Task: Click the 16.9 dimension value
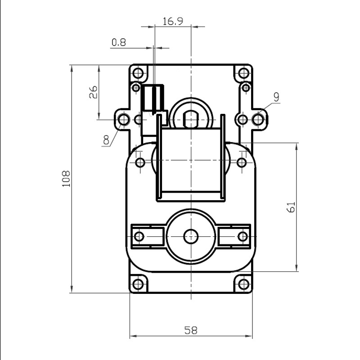click(x=173, y=21)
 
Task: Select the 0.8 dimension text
click(x=119, y=42)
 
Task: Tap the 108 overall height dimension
click(x=66, y=179)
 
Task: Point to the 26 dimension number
click(x=93, y=92)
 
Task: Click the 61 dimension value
click(x=291, y=207)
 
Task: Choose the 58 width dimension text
click(x=191, y=330)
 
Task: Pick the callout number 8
click(x=106, y=139)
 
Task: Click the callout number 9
click(x=276, y=97)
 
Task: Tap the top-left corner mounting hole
click(x=138, y=73)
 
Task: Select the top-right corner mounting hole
click(x=243, y=73)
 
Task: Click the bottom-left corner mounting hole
click(x=138, y=284)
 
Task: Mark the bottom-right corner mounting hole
click(x=243, y=284)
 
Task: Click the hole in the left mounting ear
click(x=123, y=120)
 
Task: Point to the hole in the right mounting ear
click(x=258, y=120)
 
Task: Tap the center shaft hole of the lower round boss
click(x=191, y=237)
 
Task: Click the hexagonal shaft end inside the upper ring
click(x=191, y=119)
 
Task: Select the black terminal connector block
click(x=153, y=98)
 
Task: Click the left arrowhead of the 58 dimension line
click(x=133, y=336)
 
